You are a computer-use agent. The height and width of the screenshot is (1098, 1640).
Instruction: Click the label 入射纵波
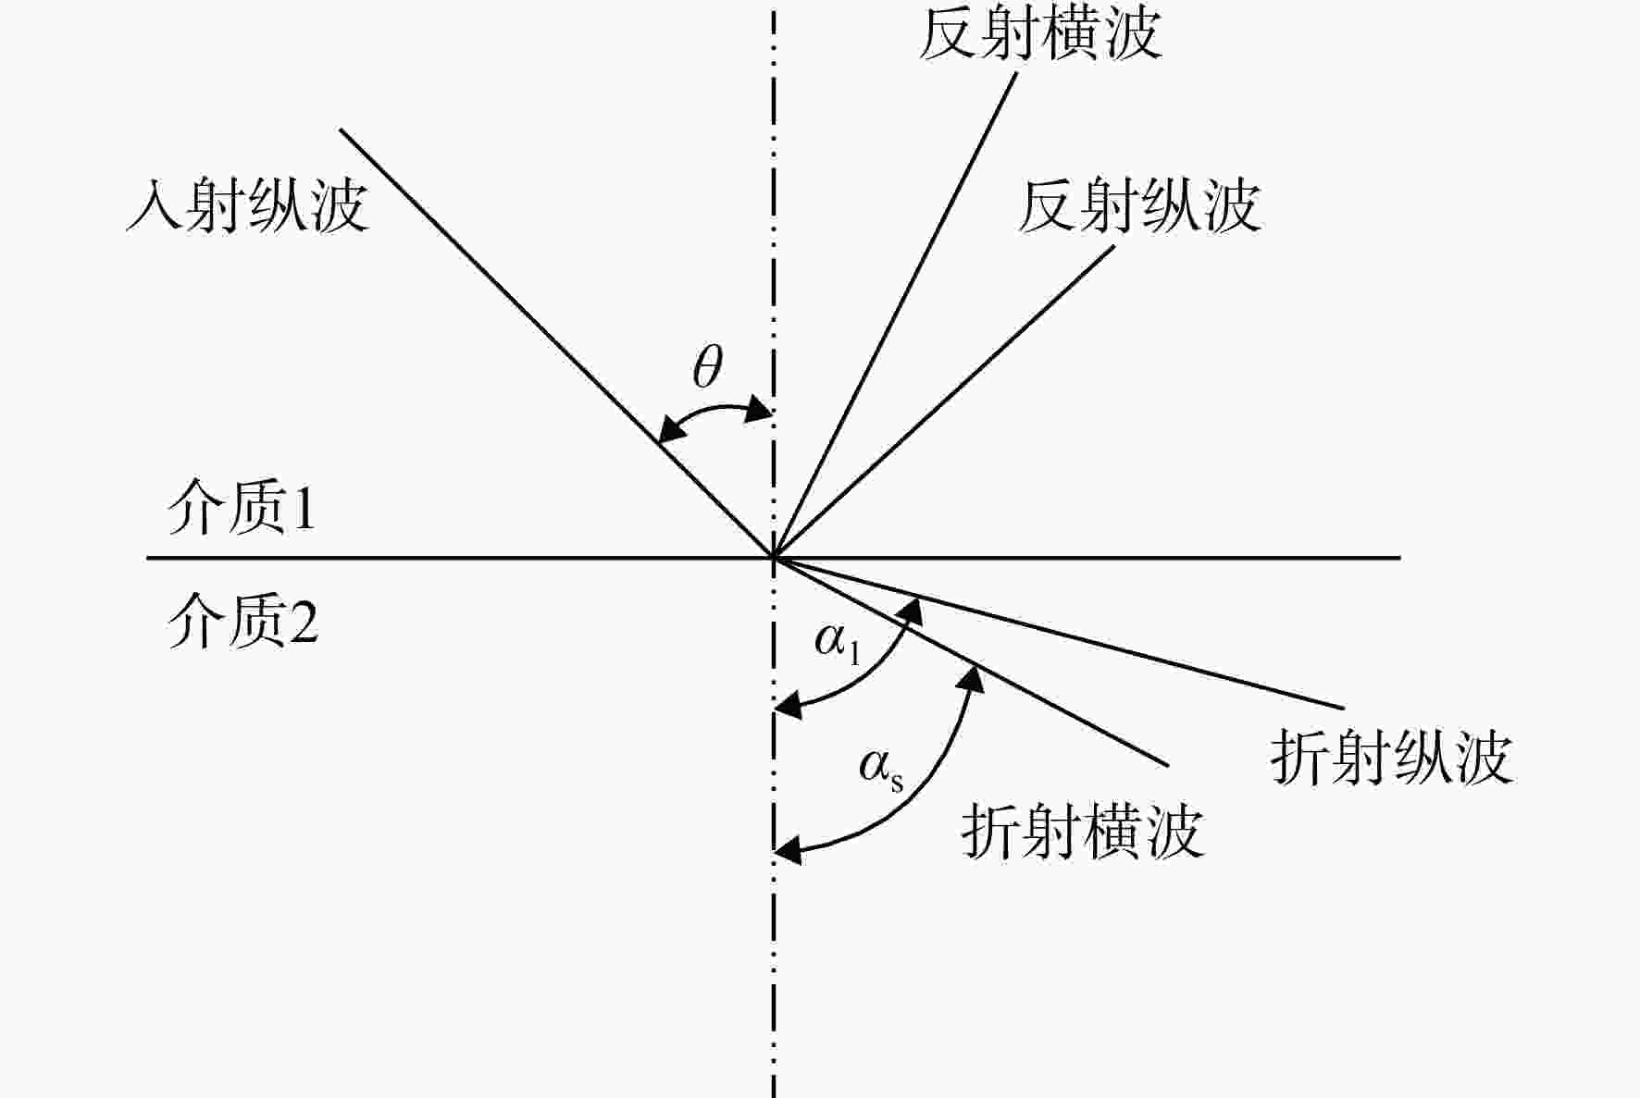point(247,204)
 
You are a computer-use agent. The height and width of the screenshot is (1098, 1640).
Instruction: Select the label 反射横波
point(1039,33)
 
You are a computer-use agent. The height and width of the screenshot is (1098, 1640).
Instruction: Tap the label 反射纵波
point(1139,204)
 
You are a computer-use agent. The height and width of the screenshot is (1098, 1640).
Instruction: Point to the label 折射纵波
point(1391,758)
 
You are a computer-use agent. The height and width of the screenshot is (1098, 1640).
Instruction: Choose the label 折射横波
point(1082,830)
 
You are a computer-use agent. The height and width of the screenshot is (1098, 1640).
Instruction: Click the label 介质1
point(242,508)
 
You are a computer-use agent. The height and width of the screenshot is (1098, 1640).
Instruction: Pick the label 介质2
point(242,620)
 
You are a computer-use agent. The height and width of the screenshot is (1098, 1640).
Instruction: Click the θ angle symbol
point(708,367)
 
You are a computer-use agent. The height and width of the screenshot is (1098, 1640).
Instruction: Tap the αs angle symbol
point(881,770)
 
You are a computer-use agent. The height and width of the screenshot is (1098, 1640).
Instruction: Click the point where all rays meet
point(774,558)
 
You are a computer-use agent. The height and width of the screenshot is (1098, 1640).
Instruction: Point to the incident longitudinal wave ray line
point(557,343)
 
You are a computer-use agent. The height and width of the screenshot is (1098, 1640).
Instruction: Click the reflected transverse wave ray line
point(895,315)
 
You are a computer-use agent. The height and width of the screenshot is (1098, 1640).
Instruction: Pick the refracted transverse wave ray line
point(971,661)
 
